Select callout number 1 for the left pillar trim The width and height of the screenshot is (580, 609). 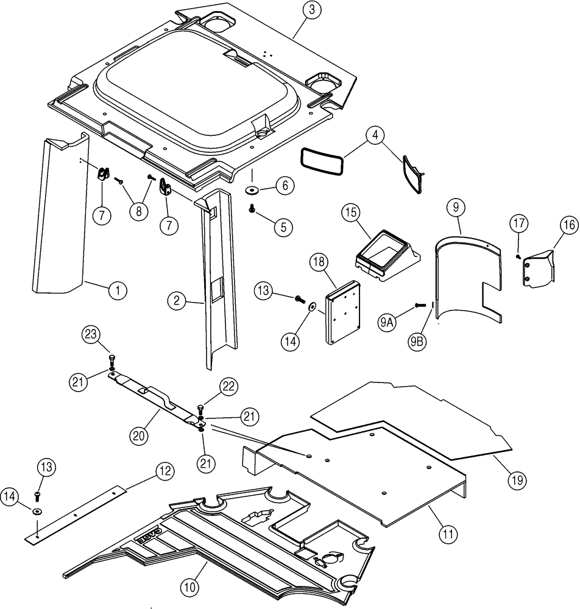point(118,291)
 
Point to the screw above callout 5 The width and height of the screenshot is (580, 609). point(251,209)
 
